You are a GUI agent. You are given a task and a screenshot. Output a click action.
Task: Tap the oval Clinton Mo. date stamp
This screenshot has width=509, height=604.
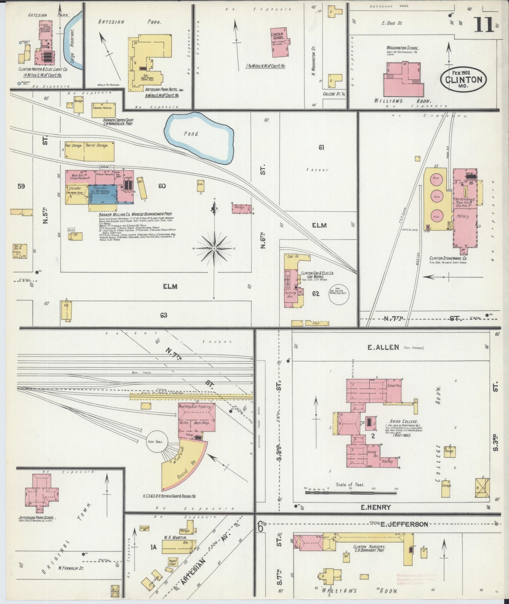tap(463, 80)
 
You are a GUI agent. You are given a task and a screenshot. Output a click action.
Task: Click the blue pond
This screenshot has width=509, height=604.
tap(199, 138)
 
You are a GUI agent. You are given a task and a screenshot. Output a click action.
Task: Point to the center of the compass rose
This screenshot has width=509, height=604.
tap(214, 249)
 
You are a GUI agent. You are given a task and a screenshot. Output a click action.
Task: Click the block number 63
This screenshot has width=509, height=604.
tap(163, 315)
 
